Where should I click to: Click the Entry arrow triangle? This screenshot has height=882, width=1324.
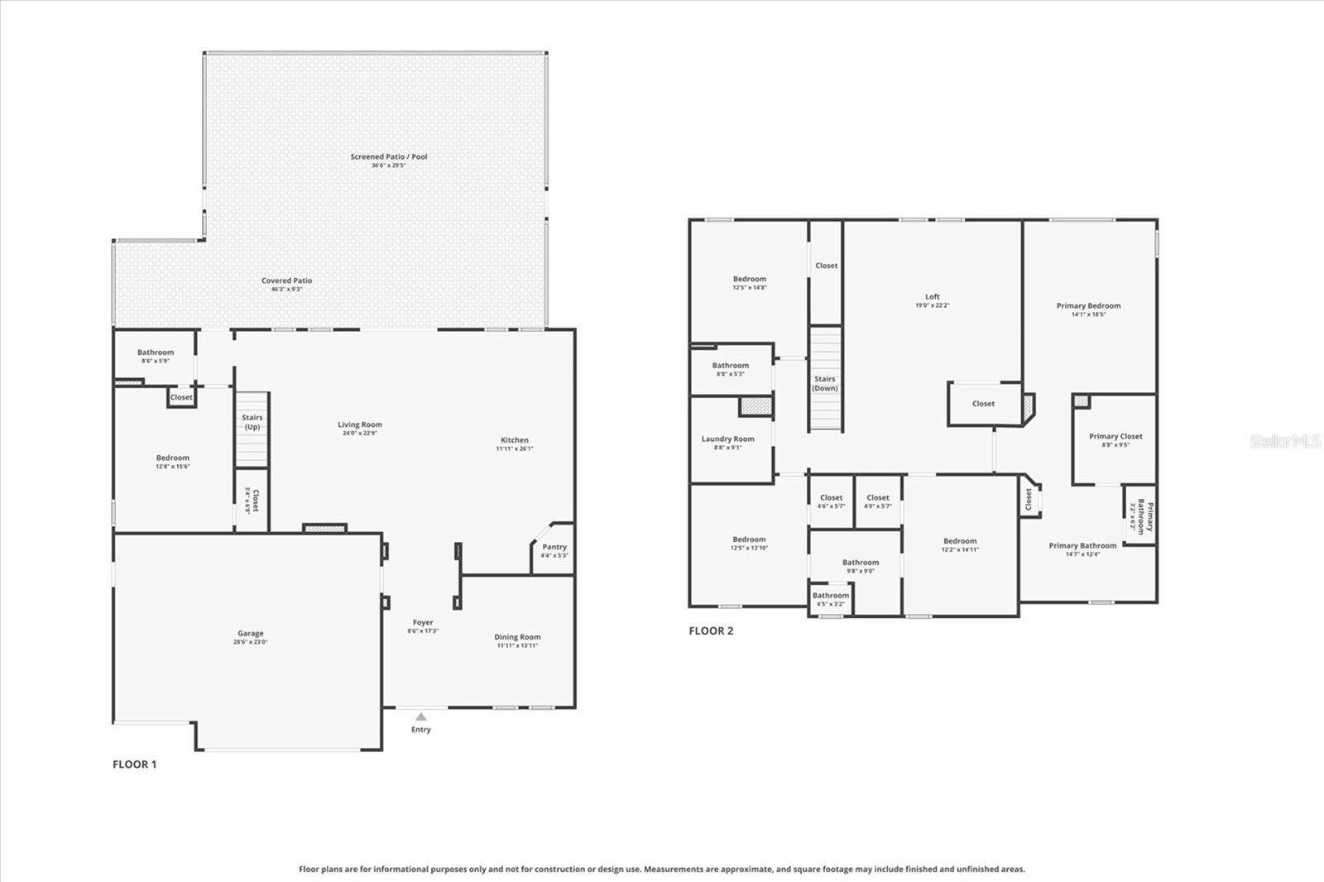click(x=421, y=717)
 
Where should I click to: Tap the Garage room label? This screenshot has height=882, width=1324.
click(x=251, y=634)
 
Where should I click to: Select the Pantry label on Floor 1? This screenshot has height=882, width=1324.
click(x=554, y=547)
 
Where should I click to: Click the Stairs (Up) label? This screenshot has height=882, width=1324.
click(x=252, y=422)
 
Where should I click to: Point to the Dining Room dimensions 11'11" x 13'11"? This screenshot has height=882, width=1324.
click(x=517, y=645)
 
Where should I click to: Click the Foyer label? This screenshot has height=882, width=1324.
click(x=423, y=622)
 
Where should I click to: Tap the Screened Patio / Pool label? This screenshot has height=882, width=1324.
click(x=388, y=156)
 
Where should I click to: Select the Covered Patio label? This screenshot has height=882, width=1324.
click(x=287, y=280)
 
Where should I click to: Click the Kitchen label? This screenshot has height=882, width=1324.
click(x=515, y=440)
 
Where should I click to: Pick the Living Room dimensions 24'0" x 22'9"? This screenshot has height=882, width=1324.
click(x=360, y=433)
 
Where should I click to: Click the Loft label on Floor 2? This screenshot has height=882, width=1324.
click(x=933, y=296)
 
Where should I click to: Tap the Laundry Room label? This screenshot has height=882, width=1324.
click(x=727, y=439)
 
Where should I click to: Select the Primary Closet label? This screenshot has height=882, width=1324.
click(x=1115, y=436)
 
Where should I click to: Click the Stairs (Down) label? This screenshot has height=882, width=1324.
click(x=825, y=383)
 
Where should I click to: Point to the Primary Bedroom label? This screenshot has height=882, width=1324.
click(x=1088, y=305)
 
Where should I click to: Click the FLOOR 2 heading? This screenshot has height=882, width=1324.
click(x=711, y=630)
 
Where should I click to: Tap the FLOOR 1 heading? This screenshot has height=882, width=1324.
click(x=134, y=765)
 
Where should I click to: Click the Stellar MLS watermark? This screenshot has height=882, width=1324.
click(x=1284, y=441)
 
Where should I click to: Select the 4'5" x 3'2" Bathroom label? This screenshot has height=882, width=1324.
click(x=830, y=596)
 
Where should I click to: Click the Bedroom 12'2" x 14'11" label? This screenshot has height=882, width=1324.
click(x=960, y=541)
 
